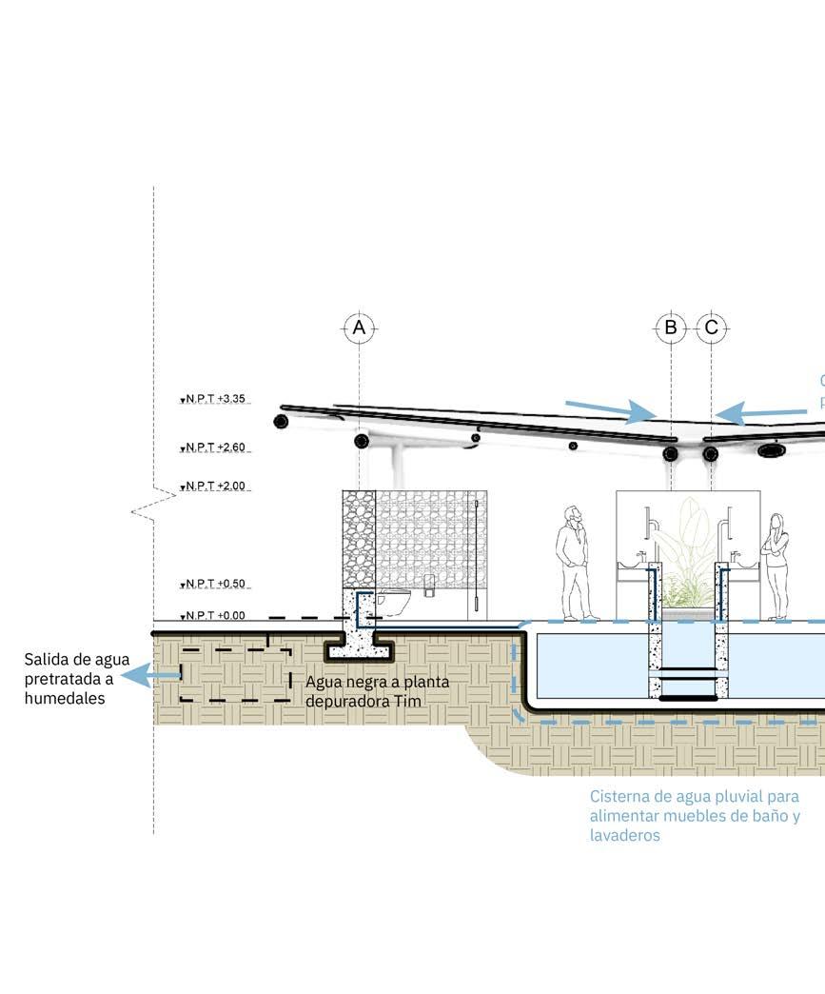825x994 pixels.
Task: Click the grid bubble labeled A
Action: [x=359, y=328]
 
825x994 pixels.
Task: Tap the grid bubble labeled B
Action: [x=671, y=328]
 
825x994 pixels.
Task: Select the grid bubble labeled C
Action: [x=712, y=328]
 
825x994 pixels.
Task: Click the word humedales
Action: [x=65, y=698]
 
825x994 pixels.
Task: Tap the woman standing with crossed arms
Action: [x=776, y=567]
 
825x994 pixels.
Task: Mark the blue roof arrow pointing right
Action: [x=609, y=410]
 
